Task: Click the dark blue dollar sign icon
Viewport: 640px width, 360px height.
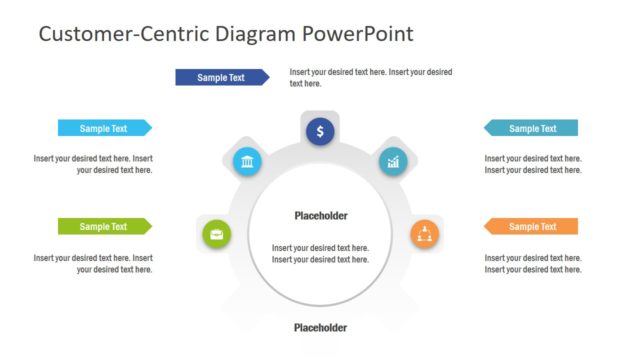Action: pos(320,131)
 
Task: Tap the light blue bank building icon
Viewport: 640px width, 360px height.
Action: pos(247,162)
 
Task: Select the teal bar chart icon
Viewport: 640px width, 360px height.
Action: pos(393,161)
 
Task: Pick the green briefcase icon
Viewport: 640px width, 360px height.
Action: pos(217,235)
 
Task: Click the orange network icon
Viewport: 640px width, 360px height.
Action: pos(424,235)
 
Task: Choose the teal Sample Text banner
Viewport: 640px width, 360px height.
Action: pos(531,128)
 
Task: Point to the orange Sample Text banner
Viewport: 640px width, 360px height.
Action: pos(531,226)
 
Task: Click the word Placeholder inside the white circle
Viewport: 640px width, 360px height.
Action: pos(320,216)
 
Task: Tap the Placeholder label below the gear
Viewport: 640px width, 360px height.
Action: pos(320,328)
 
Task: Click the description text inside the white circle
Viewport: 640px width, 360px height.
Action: pos(320,254)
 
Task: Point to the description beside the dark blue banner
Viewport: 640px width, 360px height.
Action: pos(371,77)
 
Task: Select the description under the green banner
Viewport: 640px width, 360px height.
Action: pos(93,263)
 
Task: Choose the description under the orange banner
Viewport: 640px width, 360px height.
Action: pos(533,263)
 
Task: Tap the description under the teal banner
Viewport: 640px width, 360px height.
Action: pos(533,164)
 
